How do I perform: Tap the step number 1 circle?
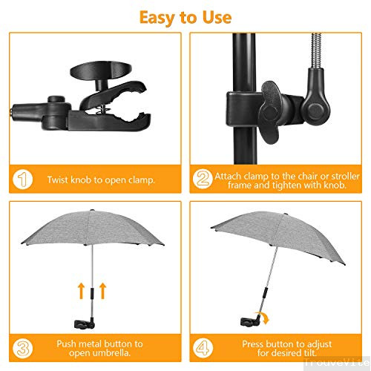(23, 180)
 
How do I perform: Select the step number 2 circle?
(202, 180)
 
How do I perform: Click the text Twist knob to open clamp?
(100, 180)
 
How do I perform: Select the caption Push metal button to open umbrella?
(99, 349)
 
